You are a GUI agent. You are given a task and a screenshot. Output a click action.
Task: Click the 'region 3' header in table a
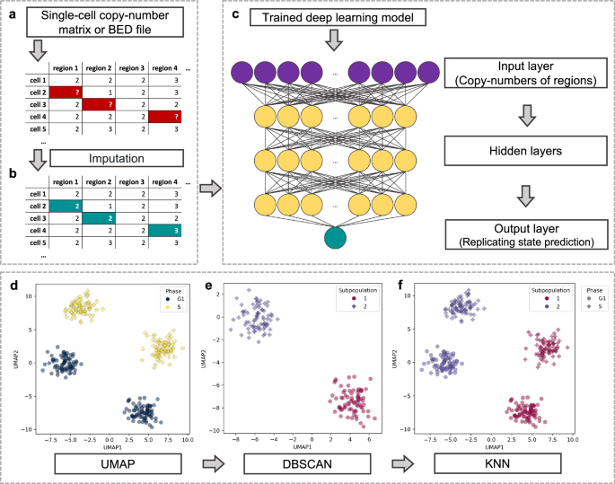point(130,67)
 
